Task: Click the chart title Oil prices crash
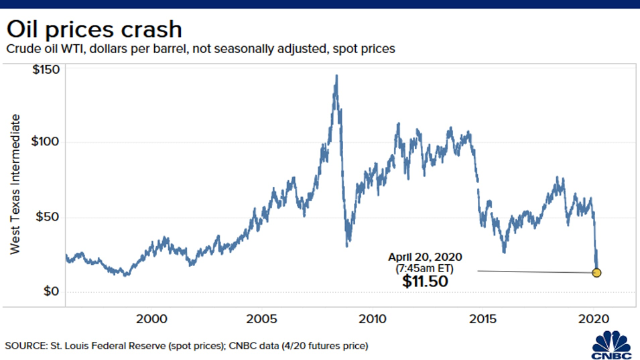coord(94,29)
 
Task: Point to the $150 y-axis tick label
coord(44,70)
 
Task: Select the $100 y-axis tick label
coord(44,142)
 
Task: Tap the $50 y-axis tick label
coord(47,217)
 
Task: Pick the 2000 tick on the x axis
coord(151,318)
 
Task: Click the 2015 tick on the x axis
coord(483,318)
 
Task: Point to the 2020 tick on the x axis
coord(594,318)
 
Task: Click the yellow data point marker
coord(596,273)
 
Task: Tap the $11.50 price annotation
coord(425,282)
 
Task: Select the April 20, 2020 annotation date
coord(425,257)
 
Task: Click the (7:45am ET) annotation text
coord(425,267)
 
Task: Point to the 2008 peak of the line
coord(336,76)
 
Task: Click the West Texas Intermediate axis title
coord(15,184)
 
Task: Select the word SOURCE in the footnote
coord(24,346)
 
